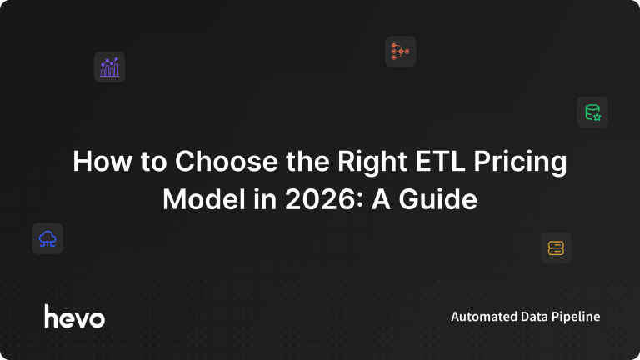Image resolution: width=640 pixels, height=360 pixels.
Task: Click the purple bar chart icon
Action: (x=109, y=67)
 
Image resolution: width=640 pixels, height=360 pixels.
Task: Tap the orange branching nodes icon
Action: (x=400, y=52)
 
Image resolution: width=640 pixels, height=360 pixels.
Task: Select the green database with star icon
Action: (x=592, y=112)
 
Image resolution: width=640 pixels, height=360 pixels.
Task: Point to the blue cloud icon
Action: (x=47, y=239)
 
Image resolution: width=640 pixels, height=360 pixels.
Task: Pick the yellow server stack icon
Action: (x=556, y=248)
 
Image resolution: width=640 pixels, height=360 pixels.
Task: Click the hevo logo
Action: (x=75, y=317)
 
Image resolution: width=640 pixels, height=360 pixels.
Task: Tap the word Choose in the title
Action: (x=227, y=161)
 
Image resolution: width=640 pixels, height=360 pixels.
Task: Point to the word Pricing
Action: (x=520, y=162)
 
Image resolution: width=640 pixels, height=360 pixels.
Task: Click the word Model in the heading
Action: (x=204, y=200)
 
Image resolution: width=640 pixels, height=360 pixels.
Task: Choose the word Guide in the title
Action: (x=438, y=200)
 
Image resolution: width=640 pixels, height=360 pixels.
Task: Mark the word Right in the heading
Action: (x=372, y=162)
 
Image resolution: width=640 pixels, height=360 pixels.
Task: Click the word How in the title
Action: (x=102, y=161)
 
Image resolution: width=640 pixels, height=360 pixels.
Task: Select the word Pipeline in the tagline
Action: (x=576, y=317)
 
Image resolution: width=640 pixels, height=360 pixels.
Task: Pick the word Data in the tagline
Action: (x=533, y=317)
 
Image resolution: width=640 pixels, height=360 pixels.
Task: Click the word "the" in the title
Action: (x=307, y=161)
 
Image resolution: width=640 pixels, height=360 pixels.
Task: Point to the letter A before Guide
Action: (x=380, y=200)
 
